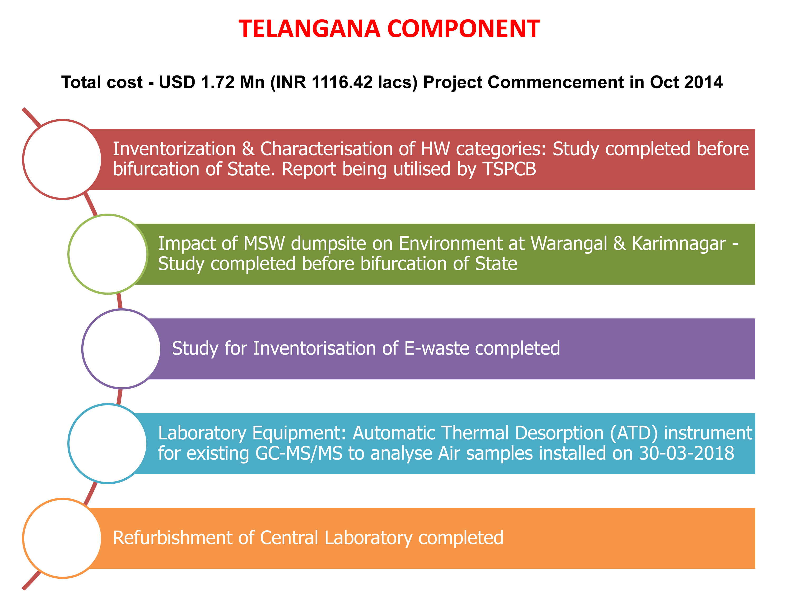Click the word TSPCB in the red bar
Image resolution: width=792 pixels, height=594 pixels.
[509, 169]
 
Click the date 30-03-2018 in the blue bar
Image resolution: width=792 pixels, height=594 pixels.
[686, 453]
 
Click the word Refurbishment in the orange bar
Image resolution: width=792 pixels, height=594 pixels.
[173, 538]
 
